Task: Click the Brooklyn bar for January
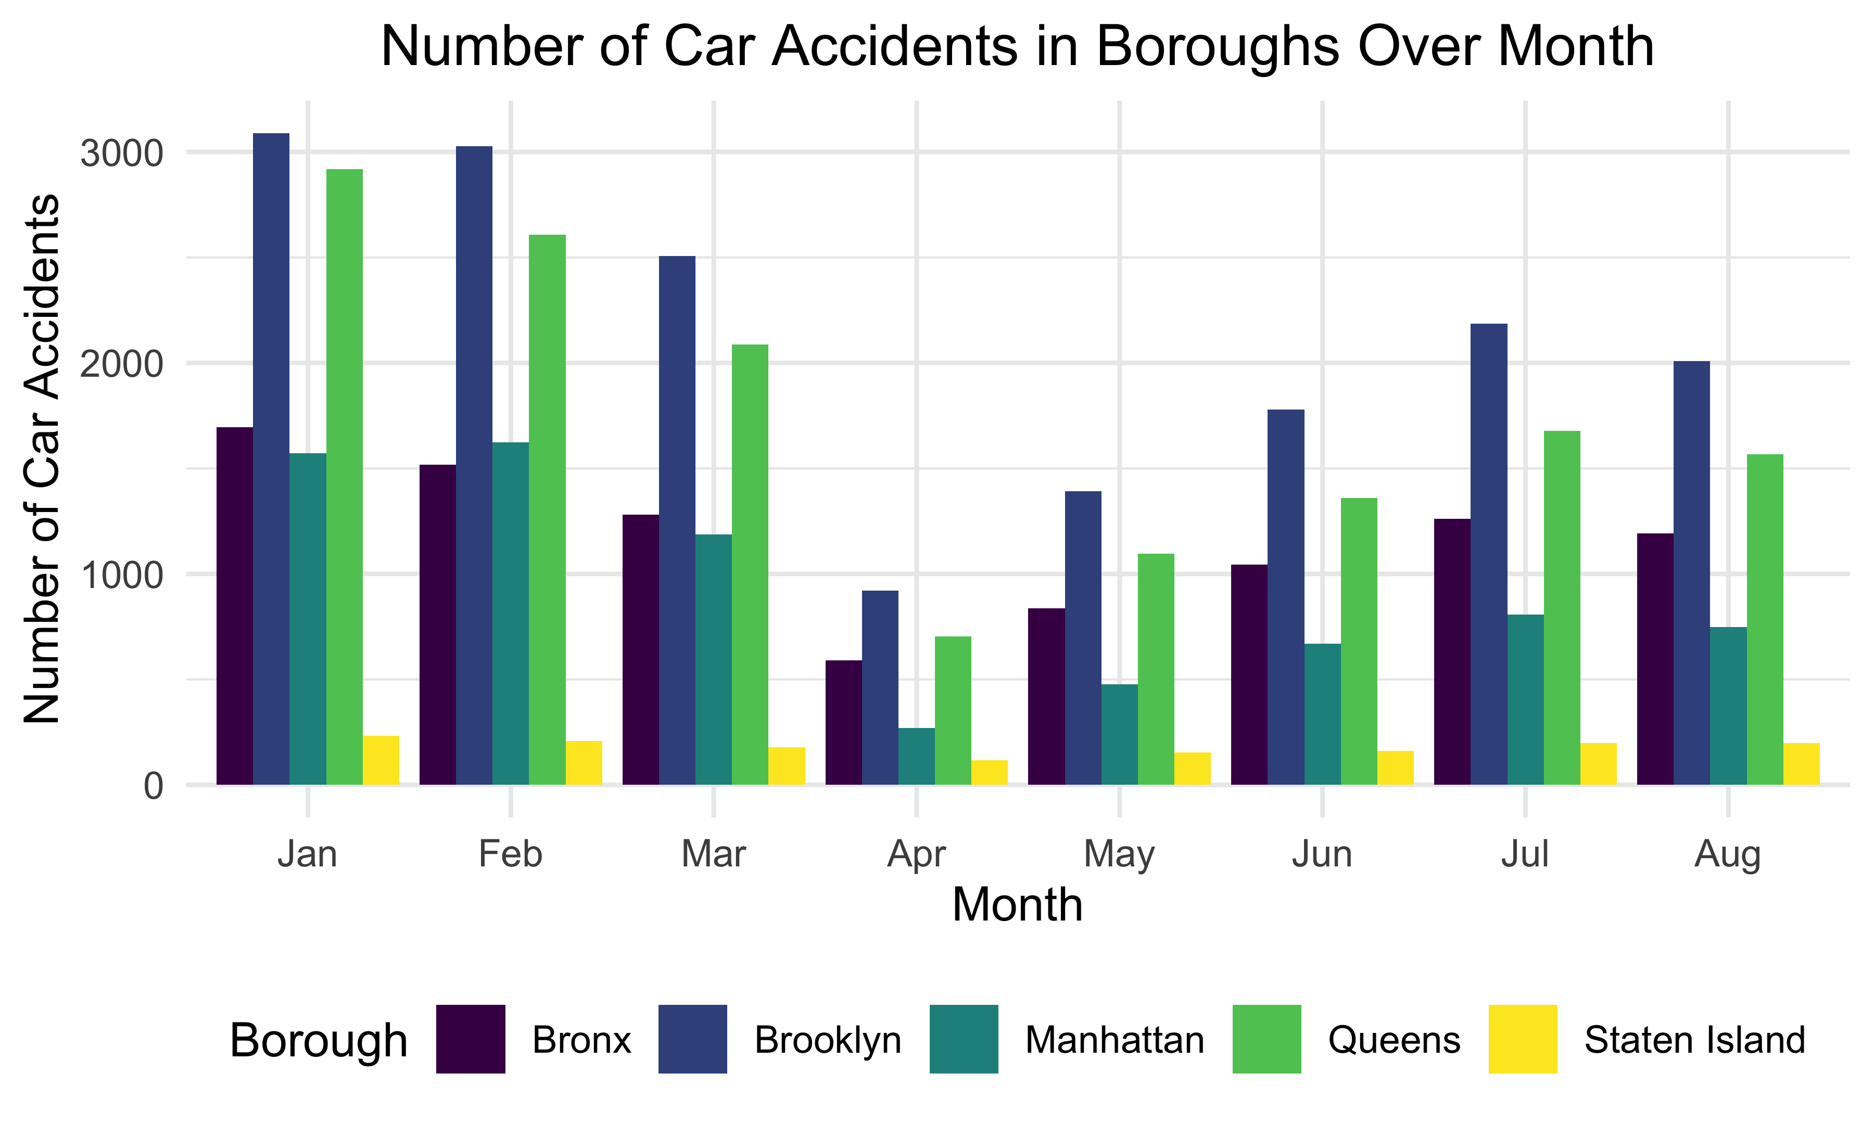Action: coord(271,459)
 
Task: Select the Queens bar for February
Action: coord(547,510)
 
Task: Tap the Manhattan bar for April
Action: coord(917,756)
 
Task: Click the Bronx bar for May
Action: coord(1046,696)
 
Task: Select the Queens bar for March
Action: coord(750,564)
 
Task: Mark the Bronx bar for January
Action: coord(235,606)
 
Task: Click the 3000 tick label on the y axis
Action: coord(122,154)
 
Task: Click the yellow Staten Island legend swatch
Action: coord(1523,1039)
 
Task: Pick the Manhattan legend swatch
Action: coord(964,1039)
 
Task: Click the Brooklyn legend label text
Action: coord(828,1040)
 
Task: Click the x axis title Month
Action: coord(1017,904)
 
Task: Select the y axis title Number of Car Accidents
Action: coord(42,458)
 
